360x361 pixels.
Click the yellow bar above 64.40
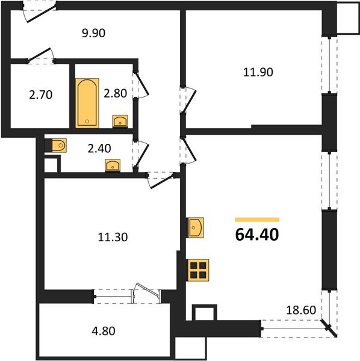point(257,220)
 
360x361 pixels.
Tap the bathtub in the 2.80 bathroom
point(87,103)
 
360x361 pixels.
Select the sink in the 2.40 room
point(113,165)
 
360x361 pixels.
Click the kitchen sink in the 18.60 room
point(196,228)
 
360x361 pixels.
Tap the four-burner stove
point(198,270)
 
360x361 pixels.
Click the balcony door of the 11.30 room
point(146,292)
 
